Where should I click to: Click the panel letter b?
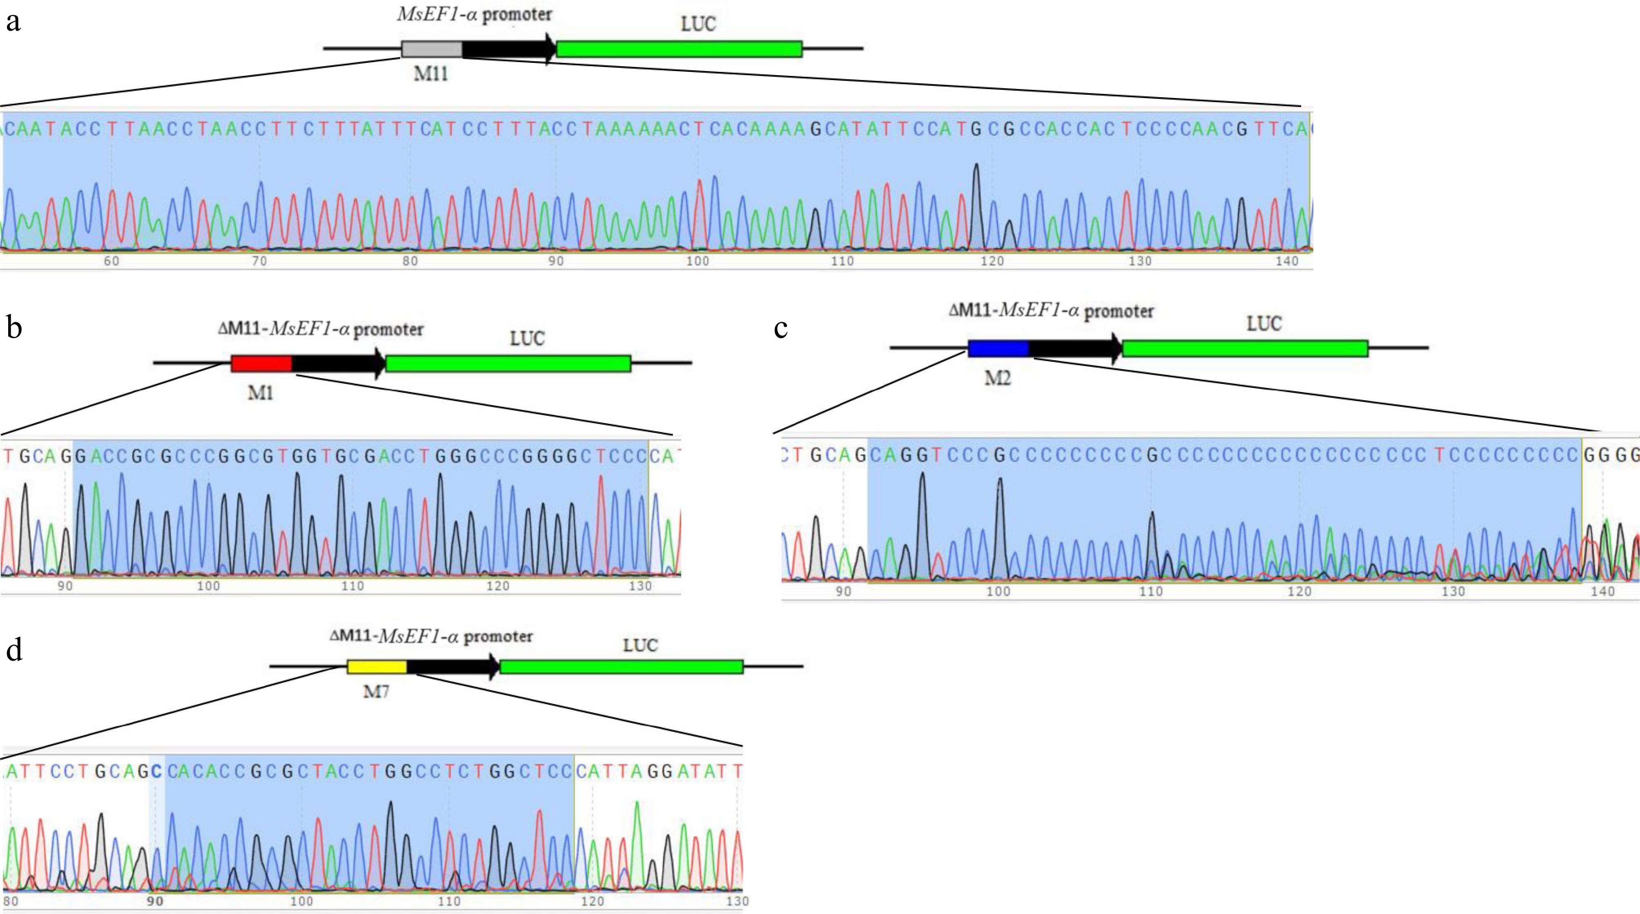14,328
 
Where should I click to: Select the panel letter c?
780,328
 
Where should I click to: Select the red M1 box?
261,363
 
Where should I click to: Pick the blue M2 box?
998,348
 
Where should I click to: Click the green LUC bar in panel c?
1245,348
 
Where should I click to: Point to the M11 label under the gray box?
431,74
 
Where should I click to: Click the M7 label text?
376,691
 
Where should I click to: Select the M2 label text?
998,379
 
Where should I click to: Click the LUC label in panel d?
640,645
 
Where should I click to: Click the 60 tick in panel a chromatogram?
111,261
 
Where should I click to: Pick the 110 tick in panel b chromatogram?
353,586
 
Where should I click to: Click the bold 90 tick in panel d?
155,901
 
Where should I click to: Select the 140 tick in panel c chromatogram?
1602,591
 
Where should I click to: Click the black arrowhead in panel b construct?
380,363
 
